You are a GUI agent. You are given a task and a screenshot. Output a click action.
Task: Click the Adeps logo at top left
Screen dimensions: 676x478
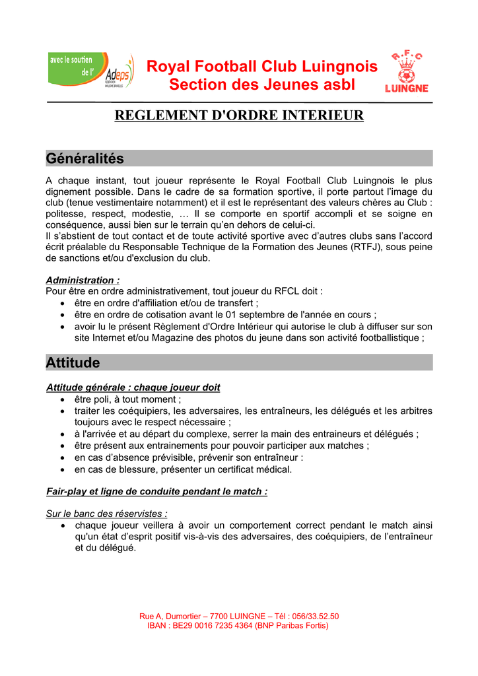pos(91,71)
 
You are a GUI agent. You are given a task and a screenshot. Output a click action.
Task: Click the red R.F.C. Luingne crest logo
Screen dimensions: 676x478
pos(406,72)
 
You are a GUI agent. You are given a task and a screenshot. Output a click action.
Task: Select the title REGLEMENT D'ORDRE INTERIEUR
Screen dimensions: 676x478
pos(239,116)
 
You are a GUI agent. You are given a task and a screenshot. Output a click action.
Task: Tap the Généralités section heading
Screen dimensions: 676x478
pos(85,158)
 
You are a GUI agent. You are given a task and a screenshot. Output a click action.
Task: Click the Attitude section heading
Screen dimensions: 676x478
pos(73,362)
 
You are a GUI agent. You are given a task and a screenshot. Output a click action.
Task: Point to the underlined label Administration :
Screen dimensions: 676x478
pos(83,280)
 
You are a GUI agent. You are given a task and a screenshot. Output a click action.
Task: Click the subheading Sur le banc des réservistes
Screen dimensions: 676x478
pos(106,513)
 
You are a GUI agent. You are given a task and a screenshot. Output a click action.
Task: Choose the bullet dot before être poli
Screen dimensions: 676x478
pos(61,399)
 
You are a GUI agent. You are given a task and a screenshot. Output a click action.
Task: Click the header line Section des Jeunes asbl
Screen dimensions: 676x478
pos(261,84)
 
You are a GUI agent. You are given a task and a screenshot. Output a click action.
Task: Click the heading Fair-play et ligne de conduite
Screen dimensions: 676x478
pos(156,491)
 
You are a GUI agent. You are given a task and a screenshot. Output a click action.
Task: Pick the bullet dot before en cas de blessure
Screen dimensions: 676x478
pos(61,469)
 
